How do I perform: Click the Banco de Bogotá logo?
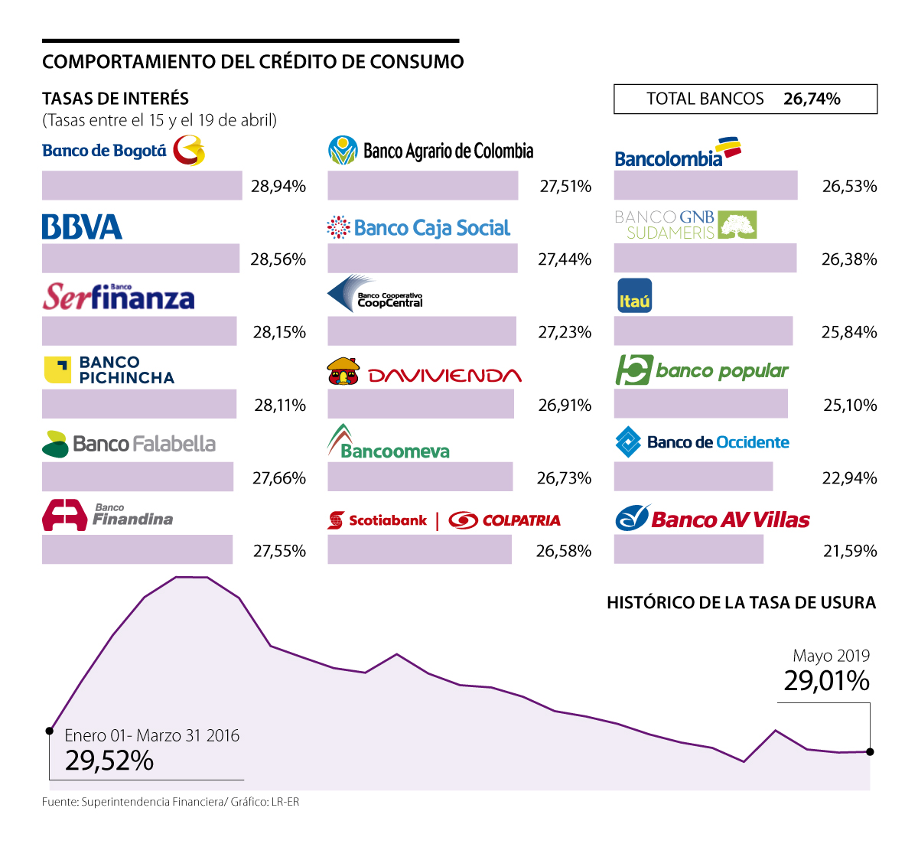(x=123, y=151)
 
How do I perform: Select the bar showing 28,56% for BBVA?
(x=141, y=259)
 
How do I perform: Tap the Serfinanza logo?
(x=119, y=297)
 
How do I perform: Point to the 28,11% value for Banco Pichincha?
(x=280, y=405)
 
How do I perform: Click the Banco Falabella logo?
(x=129, y=444)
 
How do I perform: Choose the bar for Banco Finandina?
(x=137, y=550)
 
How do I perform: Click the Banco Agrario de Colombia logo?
(x=431, y=151)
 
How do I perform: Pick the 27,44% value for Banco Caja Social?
(x=565, y=259)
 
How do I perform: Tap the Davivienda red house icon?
(x=343, y=371)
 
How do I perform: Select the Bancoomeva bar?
(x=420, y=477)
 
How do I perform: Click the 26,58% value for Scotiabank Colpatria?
(x=564, y=551)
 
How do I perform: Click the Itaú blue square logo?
(x=634, y=296)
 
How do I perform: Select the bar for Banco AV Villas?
(x=688, y=550)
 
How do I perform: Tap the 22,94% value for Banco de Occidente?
(x=849, y=478)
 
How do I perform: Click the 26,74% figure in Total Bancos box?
(x=812, y=99)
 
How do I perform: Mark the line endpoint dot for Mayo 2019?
(x=870, y=752)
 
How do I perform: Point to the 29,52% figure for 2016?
(x=109, y=761)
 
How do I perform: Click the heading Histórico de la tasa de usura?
(x=741, y=603)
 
